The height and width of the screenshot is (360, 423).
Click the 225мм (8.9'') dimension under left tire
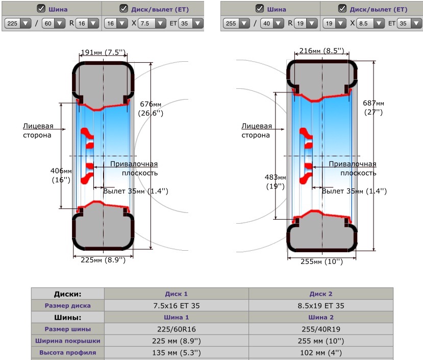tap(103, 259)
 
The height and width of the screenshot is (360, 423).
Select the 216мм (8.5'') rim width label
tap(321, 51)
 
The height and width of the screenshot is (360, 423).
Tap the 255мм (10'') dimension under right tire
tap(321, 261)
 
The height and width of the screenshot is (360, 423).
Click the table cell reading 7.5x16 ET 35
tap(176, 306)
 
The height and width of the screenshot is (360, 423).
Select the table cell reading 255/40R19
tap(321, 329)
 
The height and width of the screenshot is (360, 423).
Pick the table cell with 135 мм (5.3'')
tap(176, 352)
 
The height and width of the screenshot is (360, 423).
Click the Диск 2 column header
tap(321, 294)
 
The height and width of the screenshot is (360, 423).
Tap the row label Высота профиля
tap(67, 352)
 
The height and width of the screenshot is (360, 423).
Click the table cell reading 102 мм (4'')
tap(321, 352)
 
